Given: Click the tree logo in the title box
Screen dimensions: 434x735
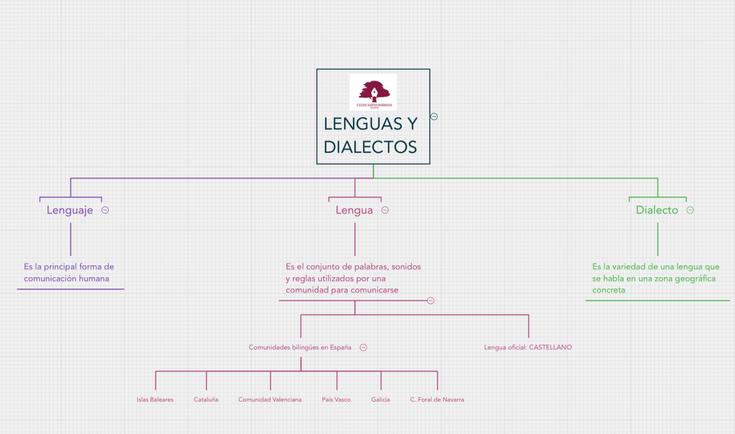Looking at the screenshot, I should [x=374, y=92].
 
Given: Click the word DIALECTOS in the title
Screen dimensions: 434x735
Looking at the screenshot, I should [x=370, y=147].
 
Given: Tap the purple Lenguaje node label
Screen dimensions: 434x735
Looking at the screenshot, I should [x=70, y=210].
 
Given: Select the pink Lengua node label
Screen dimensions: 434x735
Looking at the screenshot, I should [x=354, y=210].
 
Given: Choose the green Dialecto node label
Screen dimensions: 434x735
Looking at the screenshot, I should [x=657, y=210].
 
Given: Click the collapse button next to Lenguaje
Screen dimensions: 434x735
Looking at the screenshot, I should [x=105, y=210].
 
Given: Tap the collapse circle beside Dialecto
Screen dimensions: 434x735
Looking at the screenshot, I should [x=690, y=210].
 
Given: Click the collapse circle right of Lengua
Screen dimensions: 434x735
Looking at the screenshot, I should [x=385, y=210].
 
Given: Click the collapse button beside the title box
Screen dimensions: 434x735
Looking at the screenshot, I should [x=434, y=117].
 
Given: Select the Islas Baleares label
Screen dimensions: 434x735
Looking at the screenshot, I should [x=155, y=400].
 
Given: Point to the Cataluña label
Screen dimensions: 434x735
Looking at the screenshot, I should [x=206, y=400].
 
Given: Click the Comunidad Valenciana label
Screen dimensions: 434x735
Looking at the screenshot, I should [x=270, y=400].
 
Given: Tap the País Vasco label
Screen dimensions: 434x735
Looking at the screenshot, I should [x=336, y=400].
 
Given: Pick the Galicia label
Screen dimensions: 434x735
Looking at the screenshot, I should [x=380, y=400].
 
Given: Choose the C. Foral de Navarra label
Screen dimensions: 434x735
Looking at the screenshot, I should [x=437, y=400].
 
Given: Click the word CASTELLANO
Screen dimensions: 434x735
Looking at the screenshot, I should [x=550, y=347].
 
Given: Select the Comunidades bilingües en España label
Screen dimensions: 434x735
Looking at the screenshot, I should [x=300, y=347].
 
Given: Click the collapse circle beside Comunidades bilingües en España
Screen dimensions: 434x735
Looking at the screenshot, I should [x=363, y=348].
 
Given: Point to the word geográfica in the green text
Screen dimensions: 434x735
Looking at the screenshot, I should [x=695, y=279].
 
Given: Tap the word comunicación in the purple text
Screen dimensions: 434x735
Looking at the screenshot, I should [x=50, y=279].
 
